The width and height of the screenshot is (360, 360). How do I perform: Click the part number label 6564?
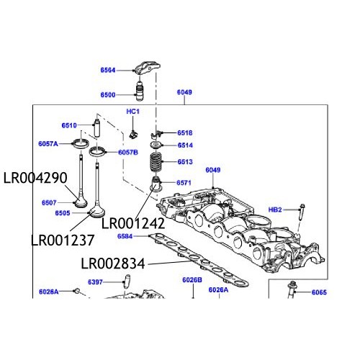(107, 70)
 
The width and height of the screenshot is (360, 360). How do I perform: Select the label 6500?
(107, 95)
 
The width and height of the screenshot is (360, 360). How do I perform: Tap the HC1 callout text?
(132, 112)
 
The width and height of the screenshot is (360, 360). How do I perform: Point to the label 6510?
(69, 125)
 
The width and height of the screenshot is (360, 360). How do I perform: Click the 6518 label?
(185, 133)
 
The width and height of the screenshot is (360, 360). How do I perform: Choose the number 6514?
(185, 145)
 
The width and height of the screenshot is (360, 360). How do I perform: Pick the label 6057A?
(49, 144)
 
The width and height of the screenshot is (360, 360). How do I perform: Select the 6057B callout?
(128, 153)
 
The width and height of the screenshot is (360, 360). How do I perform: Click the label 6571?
(185, 182)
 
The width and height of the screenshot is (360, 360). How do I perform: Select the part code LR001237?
(62, 239)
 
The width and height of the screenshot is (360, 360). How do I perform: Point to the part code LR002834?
(113, 264)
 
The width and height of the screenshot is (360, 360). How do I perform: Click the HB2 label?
(275, 210)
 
